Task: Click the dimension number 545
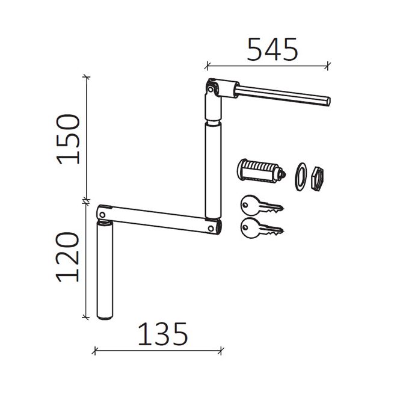pyautogui.click(x=272, y=49)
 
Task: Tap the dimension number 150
pyautogui.click(x=68, y=139)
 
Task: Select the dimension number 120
pyautogui.click(x=68, y=257)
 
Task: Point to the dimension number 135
pyautogui.click(x=162, y=334)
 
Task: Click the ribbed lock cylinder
pyautogui.click(x=261, y=171)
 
